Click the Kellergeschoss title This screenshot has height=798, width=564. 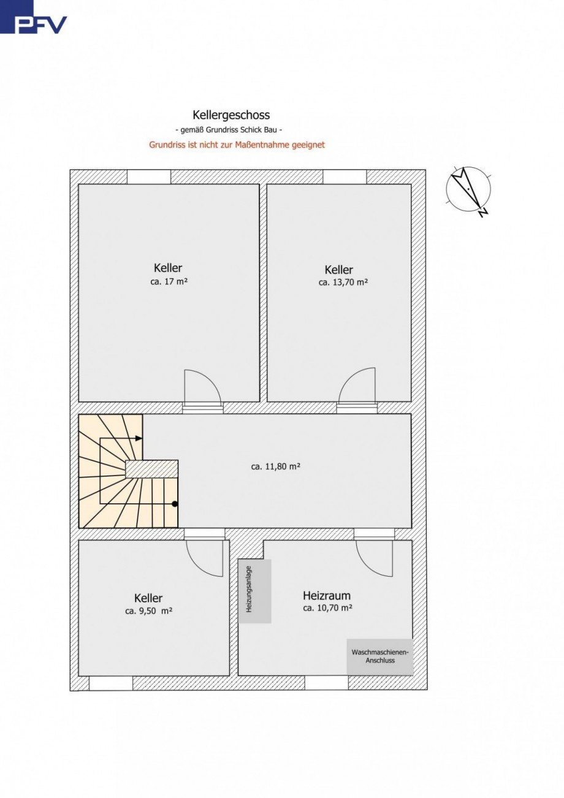click(231, 115)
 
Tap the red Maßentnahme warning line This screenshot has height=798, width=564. click(237, 145)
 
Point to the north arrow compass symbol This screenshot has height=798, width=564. click(469, 190)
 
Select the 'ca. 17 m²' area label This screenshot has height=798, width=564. click(169, 282)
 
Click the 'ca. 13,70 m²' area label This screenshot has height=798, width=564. click(343, 283)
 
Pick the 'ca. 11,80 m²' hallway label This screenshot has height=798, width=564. click(275, 466)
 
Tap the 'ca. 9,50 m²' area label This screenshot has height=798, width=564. click(149, 611)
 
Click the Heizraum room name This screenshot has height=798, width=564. click(327, 595)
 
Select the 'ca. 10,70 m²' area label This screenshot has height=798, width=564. click(328, 608)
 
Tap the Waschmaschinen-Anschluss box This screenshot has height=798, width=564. click(380, 656)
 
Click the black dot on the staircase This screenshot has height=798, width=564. click(175, 504)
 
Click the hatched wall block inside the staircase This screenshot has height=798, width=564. click(151, 469)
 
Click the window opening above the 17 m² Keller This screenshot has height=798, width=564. click(149, 177)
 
